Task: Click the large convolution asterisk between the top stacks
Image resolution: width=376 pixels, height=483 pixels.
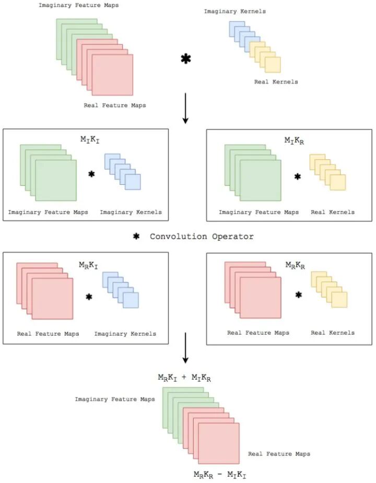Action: click(185, 59)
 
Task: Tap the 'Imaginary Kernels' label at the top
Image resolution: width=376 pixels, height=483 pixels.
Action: click(234, 11)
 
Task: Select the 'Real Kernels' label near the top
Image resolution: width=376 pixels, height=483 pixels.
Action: click(276, 82)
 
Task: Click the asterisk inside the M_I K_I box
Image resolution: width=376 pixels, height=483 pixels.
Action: click(91, 174)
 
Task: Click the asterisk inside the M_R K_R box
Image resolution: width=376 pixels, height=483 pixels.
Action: click(299, 295)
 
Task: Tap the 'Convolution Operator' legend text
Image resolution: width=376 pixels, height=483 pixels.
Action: click(202, 237)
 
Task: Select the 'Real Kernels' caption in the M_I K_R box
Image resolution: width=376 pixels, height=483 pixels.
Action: click(333, 212)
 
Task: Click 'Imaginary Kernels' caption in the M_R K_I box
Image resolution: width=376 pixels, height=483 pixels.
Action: click(125, 334)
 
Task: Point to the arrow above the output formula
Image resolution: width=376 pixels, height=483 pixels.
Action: click(185, 355)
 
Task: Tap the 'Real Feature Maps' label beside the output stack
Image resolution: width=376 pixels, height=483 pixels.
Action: click(279, 454)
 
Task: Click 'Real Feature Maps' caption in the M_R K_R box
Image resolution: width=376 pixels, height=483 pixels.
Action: click(258, 333)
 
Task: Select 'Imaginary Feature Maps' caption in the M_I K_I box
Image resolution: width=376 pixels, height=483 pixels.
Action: click(48, 212)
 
